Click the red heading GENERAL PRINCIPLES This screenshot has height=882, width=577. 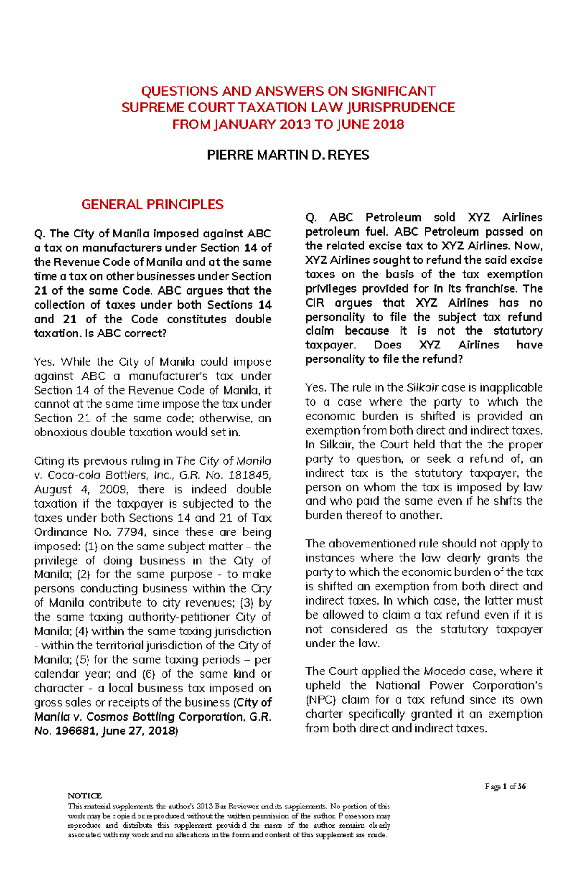point(152,205)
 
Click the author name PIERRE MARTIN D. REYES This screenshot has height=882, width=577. point(288,155)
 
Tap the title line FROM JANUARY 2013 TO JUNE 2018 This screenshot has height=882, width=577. point(288,124)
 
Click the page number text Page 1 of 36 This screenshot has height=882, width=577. point(505,787)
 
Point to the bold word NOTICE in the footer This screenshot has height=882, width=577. point(85,796)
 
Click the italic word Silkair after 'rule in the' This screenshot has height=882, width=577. point(422,388)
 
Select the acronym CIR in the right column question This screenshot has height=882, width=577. point(315,303)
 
